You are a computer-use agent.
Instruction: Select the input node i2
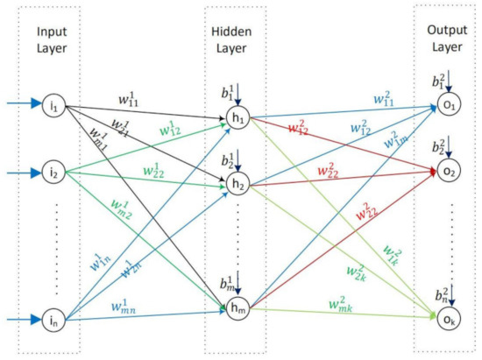tap(55, 173)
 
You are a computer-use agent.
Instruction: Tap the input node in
tap(55, 320)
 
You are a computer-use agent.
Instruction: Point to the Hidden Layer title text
tap(234, 39)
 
